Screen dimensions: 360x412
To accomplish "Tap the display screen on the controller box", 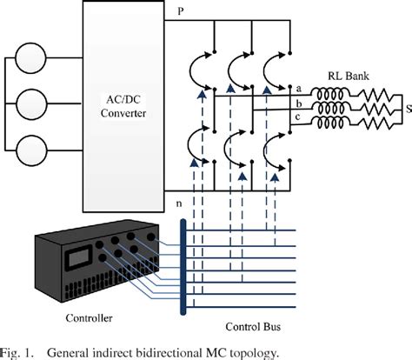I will point(78,258).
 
